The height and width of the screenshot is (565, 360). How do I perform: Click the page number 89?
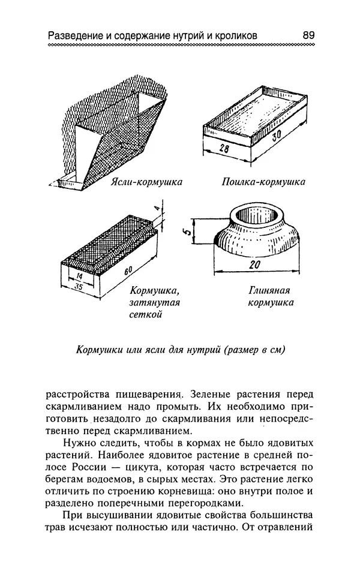pos(308,35)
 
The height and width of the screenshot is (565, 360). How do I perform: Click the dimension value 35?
pos(78,287)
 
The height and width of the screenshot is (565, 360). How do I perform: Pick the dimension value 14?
pos(80,277)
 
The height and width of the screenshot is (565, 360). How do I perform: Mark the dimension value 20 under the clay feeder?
pos(254,265)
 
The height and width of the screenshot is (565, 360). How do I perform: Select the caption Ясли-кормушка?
pos(146,182)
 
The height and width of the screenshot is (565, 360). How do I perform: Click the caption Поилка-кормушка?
pos(263,182)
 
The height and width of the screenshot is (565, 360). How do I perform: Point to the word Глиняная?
pos(269,290)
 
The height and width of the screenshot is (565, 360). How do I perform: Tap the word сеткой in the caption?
pos(146,314)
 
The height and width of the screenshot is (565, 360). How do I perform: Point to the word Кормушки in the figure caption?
pos(97,350)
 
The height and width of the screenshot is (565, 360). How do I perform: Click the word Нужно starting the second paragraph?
pos(78,443)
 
